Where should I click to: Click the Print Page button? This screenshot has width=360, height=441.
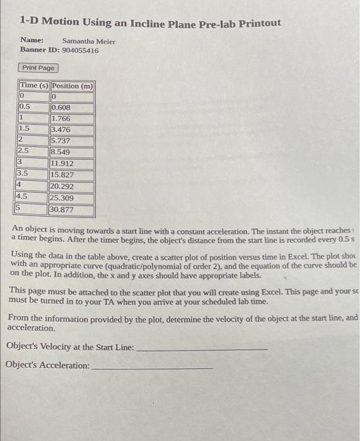38,67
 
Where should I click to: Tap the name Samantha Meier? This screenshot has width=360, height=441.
89,41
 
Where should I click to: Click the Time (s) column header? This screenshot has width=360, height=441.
34,86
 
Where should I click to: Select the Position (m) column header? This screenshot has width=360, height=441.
73,86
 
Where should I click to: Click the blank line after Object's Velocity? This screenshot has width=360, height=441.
202,348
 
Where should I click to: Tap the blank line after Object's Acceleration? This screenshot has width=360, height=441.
152,366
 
